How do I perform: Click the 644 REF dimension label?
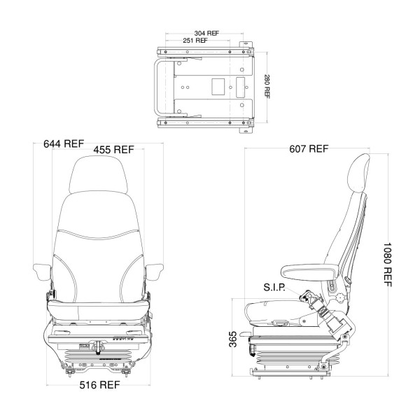click(x=64, y=143)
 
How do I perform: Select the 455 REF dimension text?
click(x=113, y=150)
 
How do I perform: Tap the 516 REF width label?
click(x=99, y=385)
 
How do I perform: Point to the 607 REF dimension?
click(x=309, y=148)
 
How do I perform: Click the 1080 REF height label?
click(x=387, y=265)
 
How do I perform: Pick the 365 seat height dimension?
click(x=233, y=339)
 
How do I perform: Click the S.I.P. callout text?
click(x=274, y=288)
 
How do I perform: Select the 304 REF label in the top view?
click(x=206, y=33)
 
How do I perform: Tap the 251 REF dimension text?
click(x=195, y=41)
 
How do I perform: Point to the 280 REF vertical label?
click(x=267, y=86)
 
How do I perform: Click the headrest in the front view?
click(x=98, y=174)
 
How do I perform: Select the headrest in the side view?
click(x=358, y=173)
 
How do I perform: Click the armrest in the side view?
click(x=309, y=271)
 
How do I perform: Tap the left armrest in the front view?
click(x=42, y=272)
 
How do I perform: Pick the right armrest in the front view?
click(x=154, y=272)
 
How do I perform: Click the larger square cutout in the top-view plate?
click(x=218, y=87)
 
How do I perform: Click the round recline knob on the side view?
click(x=340, y=298)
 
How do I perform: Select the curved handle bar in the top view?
click(x=155, y=87)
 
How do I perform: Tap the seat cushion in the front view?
click(x=98, y=309)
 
